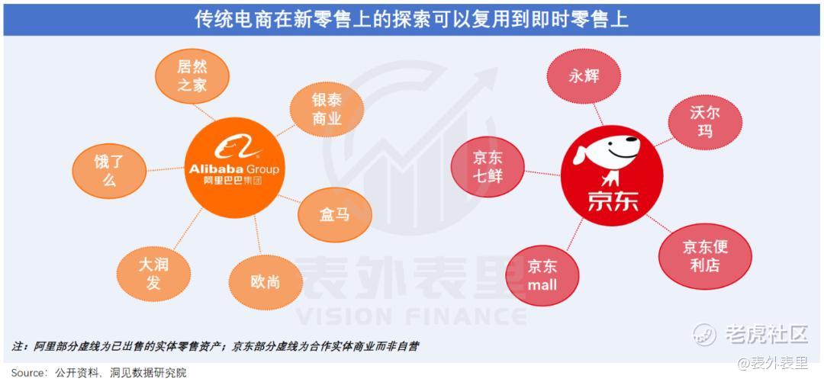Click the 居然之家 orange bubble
[192, 75]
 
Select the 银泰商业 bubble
[327, 110]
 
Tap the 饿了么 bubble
[109, 171]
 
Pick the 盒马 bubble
[335, 215]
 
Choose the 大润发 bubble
[153, 273]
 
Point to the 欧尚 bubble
[266, 282]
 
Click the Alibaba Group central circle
[234, 168]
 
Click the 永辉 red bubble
[584, 76]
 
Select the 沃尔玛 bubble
[705, 122]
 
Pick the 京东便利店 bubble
[705, 256]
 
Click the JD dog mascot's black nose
[634, 141]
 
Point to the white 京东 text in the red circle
[613, 201]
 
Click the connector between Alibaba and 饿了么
[165, 169]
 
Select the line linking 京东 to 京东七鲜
[543, 173]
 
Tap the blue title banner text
[411, 20]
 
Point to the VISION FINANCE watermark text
[410, 316]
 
